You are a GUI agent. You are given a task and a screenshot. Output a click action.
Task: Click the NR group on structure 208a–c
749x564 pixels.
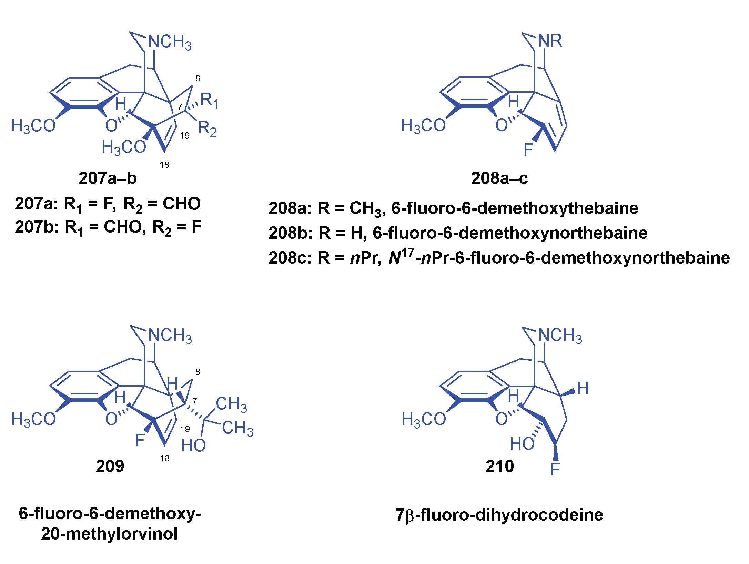pos(550,41)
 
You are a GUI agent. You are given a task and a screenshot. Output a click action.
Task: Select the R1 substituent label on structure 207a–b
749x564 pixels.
pos(209,100)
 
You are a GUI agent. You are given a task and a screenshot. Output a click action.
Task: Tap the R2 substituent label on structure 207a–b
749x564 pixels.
pos(207,129)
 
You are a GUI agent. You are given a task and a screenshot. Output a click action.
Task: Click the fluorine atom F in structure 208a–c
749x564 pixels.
pos(528,150)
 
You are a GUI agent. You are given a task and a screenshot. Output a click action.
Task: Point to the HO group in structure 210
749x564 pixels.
pos(522,443)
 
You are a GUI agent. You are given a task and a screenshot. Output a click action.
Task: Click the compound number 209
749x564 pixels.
pos(110,466)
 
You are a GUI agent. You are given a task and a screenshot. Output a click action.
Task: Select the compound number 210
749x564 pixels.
pos(499,466)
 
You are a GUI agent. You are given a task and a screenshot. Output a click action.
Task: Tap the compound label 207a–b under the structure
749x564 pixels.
pos(108,178)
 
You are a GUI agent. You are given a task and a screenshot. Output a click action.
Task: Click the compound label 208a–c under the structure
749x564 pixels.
pos(499,178)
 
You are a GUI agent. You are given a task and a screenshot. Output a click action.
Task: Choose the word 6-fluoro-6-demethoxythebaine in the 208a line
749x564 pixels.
pos(514,208)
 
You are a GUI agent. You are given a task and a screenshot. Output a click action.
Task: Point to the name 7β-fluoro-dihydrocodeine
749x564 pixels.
pos(499,515)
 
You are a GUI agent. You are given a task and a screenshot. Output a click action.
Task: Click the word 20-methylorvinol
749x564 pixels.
pos(109,534)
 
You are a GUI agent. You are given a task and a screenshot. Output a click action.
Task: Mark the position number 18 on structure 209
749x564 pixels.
pos(165,458)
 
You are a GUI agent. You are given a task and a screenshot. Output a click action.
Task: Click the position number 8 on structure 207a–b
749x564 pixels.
pos(198,79)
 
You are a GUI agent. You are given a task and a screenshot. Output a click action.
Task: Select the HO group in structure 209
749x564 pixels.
pos(193,445)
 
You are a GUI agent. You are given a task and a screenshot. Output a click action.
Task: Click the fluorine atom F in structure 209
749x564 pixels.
pos(140,440)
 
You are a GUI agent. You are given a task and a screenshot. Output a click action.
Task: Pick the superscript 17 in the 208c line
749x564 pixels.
pos(407,253)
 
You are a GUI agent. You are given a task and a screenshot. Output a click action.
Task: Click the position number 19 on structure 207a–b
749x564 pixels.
pos(185,135)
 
